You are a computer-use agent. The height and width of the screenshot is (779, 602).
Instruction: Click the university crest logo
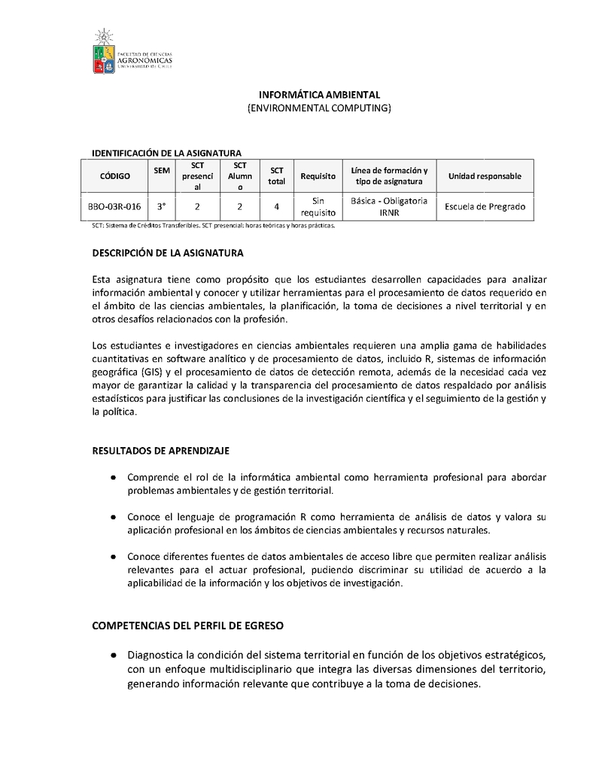[104, 51]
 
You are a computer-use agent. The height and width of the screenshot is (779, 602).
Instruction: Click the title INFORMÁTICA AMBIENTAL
[320, 95]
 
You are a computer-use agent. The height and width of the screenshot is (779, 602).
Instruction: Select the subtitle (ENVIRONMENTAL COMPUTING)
[320, 108]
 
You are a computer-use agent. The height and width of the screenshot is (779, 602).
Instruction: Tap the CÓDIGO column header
[115, 176]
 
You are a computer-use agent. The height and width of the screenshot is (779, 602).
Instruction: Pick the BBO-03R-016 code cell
[115, 206]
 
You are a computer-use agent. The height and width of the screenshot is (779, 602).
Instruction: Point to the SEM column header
[162, 171]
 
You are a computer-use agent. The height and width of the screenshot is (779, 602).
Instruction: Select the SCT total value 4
[277, 206]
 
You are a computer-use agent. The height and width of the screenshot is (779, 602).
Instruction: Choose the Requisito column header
[318, 176]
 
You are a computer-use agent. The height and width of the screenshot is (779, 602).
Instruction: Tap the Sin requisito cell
[318, 206]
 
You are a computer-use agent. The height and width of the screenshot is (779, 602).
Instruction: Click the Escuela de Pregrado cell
[485, 206]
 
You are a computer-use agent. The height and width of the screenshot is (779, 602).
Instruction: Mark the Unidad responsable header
[485, 176]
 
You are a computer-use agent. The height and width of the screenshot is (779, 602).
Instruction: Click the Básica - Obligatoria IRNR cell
[389, 206]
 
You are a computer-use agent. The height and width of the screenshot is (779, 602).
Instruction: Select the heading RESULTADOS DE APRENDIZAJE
[160, 451]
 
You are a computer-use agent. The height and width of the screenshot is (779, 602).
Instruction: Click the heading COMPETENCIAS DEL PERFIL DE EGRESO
[187, 625]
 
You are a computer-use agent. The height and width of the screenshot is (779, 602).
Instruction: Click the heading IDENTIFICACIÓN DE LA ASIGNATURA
[166, 153]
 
